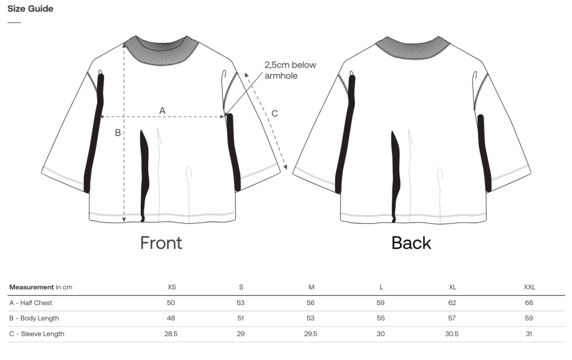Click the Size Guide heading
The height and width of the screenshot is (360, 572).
coord(30,9)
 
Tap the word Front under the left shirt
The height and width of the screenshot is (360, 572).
coord(161,243)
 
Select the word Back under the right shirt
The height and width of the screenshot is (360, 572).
coord(411,243)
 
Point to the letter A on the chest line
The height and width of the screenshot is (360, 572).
coord(162,110)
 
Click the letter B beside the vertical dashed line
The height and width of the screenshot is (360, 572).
coord(118,133)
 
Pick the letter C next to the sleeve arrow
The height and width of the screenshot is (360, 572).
coord(275,113)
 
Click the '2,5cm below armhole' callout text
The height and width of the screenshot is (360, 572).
coord(291,70)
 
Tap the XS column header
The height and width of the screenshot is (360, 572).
coord(172,287)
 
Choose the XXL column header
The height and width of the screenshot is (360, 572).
coord(529,287)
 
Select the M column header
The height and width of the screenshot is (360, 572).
coord(311,287)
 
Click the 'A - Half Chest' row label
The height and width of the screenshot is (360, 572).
coord(31,303)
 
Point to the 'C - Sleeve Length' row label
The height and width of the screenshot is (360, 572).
coord(37,334)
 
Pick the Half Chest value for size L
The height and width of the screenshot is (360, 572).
coord(380,303)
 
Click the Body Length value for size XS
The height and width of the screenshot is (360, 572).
coord(170,318)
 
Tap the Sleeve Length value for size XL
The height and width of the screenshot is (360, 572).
coord(452,334)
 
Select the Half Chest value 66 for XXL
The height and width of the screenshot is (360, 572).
coord(529,303)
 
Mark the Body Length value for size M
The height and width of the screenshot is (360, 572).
coord(311,318)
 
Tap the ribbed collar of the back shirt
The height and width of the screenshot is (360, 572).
coord(412,48)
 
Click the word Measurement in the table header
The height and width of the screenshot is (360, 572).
coord(31,287)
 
